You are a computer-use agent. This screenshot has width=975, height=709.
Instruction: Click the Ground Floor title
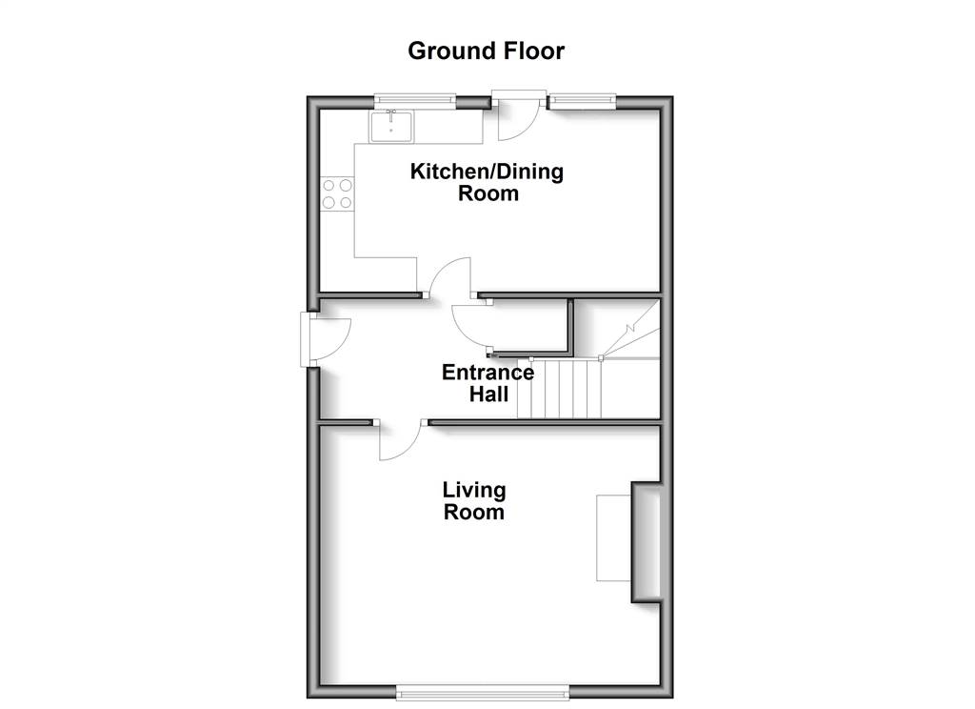487,51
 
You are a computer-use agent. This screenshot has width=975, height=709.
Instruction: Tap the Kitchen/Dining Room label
487,182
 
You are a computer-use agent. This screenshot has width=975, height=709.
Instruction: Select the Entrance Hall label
488,383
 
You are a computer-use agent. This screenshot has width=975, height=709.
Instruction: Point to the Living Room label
474,501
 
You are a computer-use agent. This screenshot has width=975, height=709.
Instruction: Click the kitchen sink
391,127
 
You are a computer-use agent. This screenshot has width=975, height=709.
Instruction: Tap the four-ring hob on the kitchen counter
337,193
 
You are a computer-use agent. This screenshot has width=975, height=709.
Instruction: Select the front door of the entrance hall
326,339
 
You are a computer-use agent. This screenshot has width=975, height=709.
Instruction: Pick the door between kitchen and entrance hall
450,278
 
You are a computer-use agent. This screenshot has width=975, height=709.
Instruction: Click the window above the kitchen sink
415,100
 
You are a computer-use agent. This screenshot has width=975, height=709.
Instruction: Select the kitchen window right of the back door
583,100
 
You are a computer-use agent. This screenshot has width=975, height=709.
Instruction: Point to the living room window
483,692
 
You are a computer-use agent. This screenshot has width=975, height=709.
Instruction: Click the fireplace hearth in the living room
614,538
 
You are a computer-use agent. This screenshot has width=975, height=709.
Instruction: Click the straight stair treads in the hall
560,389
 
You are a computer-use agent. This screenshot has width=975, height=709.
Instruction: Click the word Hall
488,395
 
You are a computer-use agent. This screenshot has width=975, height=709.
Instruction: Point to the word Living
474,491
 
